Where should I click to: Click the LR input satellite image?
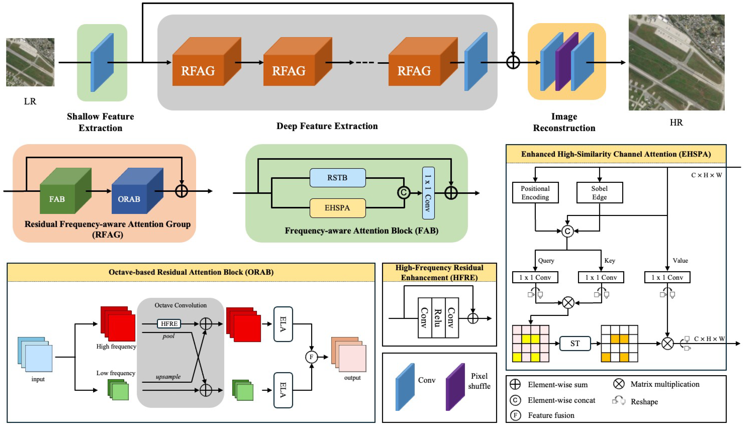point(30,62)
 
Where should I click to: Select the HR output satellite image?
point(676,62)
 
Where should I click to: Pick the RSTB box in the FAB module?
point(337,177)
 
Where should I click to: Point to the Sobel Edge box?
point(599,193)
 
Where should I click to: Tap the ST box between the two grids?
point(575,344)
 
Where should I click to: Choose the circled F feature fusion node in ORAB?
point(311,357)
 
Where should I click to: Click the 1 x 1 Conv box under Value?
point(667,277)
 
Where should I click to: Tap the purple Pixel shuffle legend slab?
point(455,387)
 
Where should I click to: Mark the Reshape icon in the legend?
point(619,401)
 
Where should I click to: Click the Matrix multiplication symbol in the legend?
point(619,384)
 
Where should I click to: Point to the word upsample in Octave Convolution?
point(168,377)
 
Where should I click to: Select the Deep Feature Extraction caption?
point(327,126)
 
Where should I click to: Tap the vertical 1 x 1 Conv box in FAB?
point(428,193)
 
